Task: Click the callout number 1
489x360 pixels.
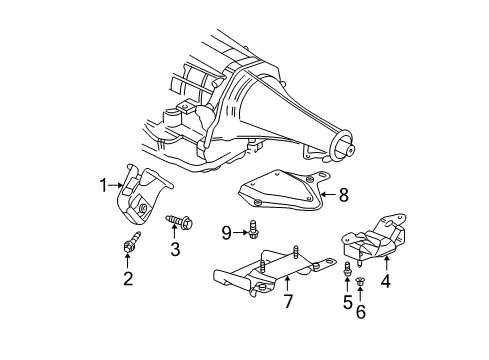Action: pyautogui.click(x=102, y=184)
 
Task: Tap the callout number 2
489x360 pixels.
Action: pyautogui.click(x=128, y=277)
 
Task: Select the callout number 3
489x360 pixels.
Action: pyautogui.click(x=174, y=249)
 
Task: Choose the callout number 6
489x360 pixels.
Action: pyautogui.click(x=360, y=312)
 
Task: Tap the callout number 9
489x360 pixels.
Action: pyautogui.click(x=227, y=233)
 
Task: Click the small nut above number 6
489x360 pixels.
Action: pyautogui.click(x=360, y=283)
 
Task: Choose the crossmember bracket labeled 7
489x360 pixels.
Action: pyautogui.click(x=265, y=276)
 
